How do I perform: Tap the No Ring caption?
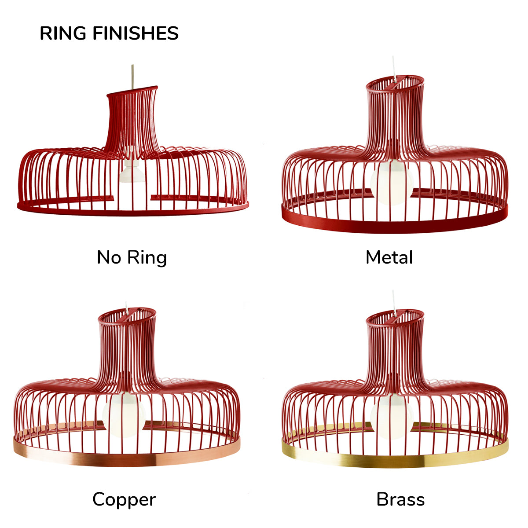[132, 257]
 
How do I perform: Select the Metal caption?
[389, 257]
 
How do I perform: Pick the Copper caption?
[124, 499]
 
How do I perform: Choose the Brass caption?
[400, 499]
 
